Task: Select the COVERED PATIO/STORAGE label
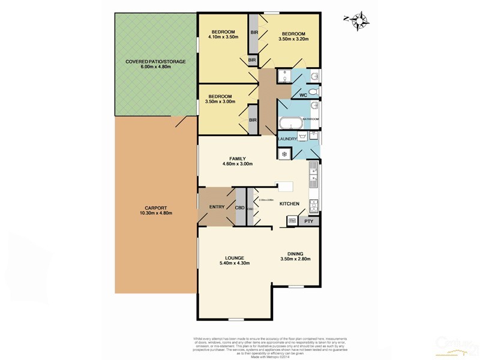click(155, 62)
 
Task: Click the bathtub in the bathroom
click(291, 124)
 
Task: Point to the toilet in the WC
click(314, 91)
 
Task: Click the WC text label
click(303, 95)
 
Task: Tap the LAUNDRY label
click(287, 139)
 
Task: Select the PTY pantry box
click(308, 221)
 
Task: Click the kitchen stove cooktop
click(313, 206)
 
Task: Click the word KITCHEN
click(289, 205)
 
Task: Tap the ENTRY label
click(217, 207)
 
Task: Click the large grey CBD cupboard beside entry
click(239, 207)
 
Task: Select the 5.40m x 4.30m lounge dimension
click(235, 263)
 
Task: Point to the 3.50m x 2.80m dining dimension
click(295, 259)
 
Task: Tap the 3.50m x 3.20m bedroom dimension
click(294, 39)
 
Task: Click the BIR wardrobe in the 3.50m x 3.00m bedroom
click(253, 120)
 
